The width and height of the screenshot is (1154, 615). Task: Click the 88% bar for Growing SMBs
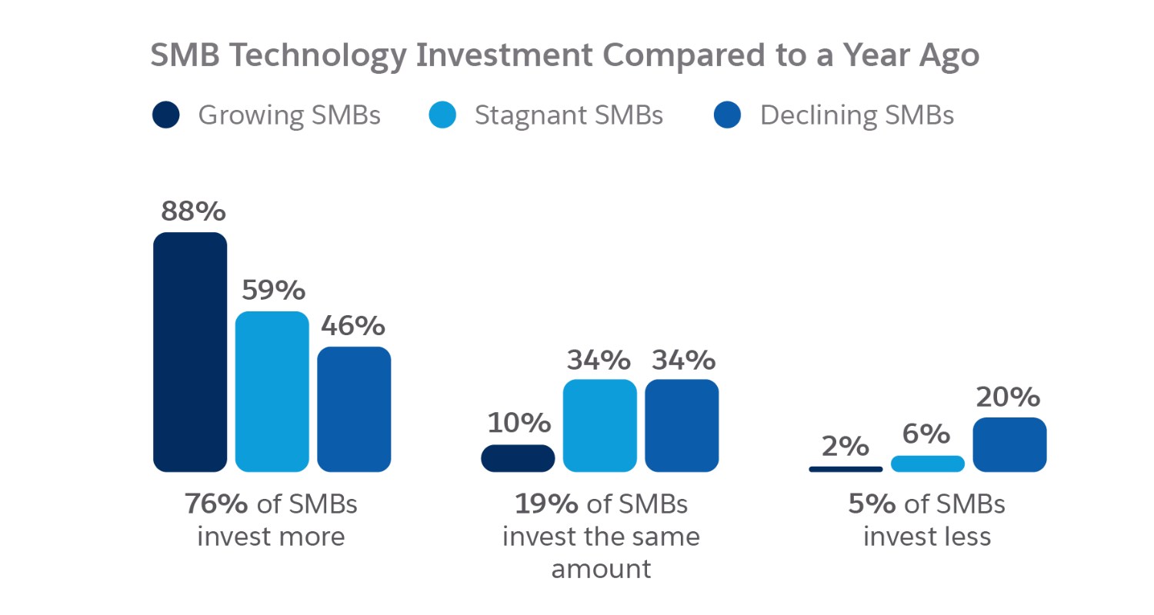[190, 352]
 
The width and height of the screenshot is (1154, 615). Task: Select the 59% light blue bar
[272, 391]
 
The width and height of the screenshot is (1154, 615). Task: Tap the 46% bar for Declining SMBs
[354, 409]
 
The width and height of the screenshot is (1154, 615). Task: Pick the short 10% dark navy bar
[518, 458]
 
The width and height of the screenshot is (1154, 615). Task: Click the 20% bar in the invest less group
[1009, 444]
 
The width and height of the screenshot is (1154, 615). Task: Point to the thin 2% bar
[845, 469]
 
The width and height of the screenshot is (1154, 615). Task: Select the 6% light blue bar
[928, 464]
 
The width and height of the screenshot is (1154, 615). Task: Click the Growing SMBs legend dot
[166, 115]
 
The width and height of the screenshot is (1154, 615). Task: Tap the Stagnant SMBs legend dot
[443, 115]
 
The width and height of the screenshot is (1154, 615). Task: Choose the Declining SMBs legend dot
[728, 115]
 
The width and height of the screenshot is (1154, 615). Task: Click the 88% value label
[190, 211]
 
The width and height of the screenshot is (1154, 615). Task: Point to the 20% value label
[1008, 397]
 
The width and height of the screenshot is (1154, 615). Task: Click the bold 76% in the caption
[216, 504]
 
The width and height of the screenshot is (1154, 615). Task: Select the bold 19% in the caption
[546, 504]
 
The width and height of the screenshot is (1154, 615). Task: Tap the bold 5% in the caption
[873, 504]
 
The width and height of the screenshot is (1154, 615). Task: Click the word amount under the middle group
[601, 569]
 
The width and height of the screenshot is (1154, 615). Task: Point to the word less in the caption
[968, 537]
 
